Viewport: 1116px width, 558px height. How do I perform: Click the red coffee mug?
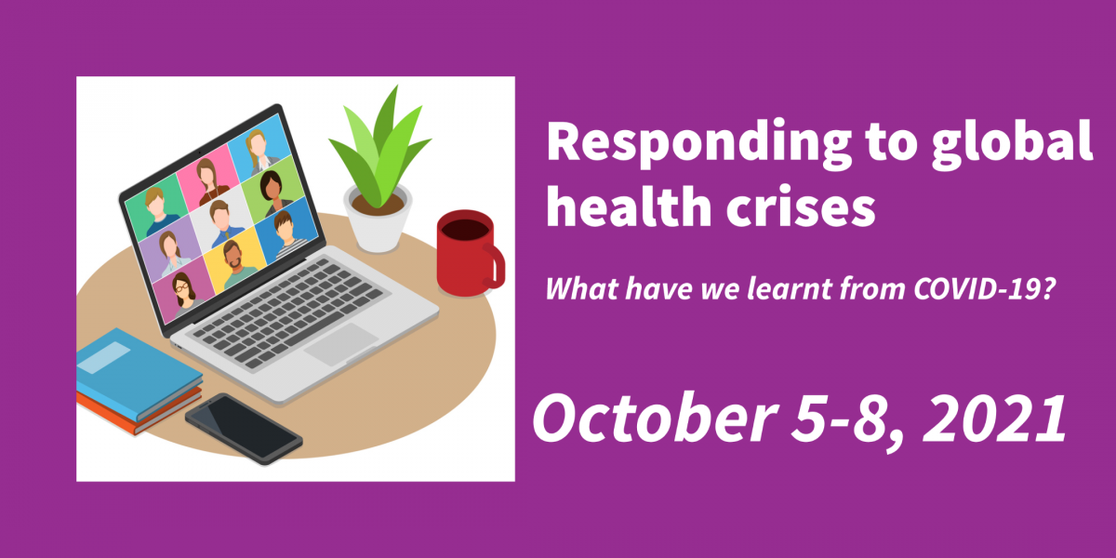coord(469,254)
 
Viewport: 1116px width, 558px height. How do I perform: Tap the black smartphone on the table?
coord(244,429)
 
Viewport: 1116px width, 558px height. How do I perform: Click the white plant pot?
coord(378,219)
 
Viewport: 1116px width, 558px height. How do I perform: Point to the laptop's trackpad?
coord(341,344)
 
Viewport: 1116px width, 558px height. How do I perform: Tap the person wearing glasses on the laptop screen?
coord(183,294)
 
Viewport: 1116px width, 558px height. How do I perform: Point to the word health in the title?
coord(629,206)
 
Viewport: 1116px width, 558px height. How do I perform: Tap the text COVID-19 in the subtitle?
coord(977,288)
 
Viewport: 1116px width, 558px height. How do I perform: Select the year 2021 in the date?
coord(994,418)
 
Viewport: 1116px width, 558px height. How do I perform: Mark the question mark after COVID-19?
coord(1048,288)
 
